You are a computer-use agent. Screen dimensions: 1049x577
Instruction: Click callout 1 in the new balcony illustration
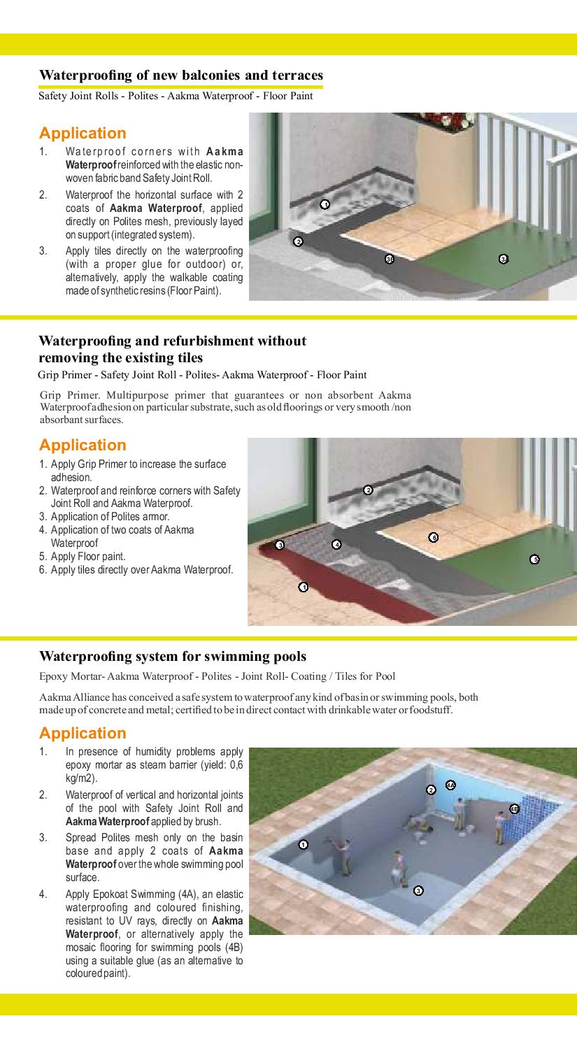click(x=325, y=204)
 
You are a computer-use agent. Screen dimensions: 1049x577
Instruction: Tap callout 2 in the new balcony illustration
click(x=298, y=241)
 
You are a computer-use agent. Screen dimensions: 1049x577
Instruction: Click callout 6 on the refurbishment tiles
click(x=433, y=537)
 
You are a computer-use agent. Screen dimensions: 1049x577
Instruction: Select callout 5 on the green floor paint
click(x=534, y=559)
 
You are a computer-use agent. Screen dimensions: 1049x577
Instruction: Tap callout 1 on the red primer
click(x=303, y=586)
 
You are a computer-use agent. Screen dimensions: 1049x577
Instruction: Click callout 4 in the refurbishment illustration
click(x=336, y=544)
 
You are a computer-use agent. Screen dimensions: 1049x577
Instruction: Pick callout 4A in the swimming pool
click(x=450, y=785)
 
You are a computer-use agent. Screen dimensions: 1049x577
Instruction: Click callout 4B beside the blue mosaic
click(x=514, y=809)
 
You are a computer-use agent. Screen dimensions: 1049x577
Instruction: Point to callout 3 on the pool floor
click(x=418, y=890)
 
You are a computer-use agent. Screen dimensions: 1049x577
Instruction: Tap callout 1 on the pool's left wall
click(x=303, y=844)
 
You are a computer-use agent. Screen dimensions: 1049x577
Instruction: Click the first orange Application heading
click(x=83, y=133)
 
